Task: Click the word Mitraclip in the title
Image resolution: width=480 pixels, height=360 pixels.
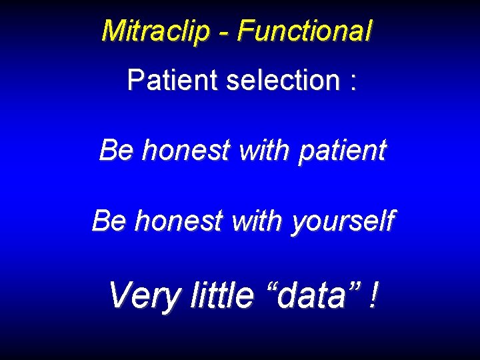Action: click(x=155, y=31)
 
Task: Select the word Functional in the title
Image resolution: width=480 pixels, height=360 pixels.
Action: click(x=305, y=31)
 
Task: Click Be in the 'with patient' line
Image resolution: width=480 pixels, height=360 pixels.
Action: click(x=116, y=150)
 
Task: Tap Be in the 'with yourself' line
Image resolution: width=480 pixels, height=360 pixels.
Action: click(x=109, y=221)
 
